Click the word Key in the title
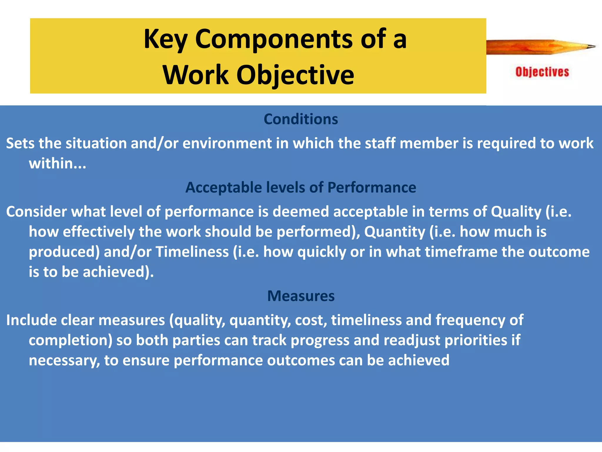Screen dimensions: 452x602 pyautogui.click(x=165, y=40)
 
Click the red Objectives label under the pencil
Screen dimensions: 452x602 pyautogui.click(x=542, y=72)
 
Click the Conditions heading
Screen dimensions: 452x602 pyautogui.click(x=301, y=119)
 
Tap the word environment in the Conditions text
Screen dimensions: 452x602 pyautogui.click(x=227, y=144)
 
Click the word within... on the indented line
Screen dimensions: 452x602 pyautogui.click(x=57, y=163)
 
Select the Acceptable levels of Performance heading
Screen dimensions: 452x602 pyautogui.click(x=301, y=187)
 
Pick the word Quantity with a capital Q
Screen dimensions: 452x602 pyautogui.click(x=394, y=232)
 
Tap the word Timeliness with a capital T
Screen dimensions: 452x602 pyautogui.click(x=192, y=252)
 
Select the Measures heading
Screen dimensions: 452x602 pyautogui.click(x=301, y=296)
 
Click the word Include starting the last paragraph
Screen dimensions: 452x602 pyautogui.click(x=31, y=320)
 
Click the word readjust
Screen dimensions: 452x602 pyautogui.click(x=412, y=340)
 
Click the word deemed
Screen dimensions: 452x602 pyautogui.click(x=300, y=212)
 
